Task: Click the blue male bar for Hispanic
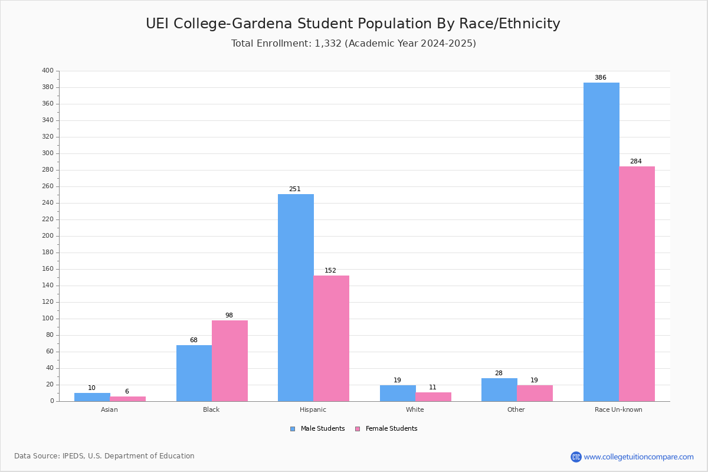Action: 296,297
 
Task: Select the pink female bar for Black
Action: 230,360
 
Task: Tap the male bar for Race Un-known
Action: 601,242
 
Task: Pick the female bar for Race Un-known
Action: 637,284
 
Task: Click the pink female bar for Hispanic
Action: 331,338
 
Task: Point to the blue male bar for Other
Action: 499,389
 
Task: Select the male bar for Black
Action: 194,373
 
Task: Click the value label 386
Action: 600,78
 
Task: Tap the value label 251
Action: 294,189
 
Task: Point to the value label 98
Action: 229,316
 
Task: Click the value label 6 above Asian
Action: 127,392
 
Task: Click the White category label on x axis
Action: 415,409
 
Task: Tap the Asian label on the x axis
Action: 109,409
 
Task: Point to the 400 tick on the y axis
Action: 48,71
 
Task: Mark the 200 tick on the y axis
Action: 48,236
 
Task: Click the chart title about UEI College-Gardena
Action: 353,24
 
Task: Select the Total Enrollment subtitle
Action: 353,44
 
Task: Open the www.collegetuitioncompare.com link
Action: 638,457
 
